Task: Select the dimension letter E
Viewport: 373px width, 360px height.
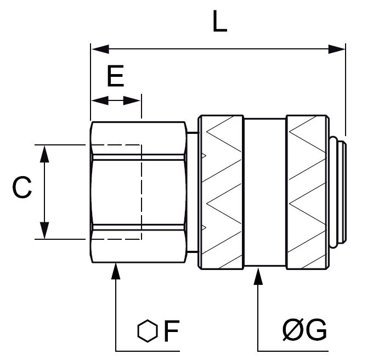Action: [x=116, y=77]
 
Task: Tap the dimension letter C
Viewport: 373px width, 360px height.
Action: [x=21, y=188]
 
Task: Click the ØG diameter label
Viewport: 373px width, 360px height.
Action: [x=306, y=331]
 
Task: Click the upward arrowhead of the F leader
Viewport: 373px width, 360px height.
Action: [x=116, y=271]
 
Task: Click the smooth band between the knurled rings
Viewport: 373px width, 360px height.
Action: [x=265, y=192]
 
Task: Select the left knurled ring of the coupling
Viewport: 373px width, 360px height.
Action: [x=221, y=192]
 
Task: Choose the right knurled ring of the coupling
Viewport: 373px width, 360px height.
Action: [x=307, y=192]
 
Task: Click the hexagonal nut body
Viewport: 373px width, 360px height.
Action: [x=137, y=192]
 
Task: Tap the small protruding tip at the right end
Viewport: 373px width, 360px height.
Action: [x=340, y=192]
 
